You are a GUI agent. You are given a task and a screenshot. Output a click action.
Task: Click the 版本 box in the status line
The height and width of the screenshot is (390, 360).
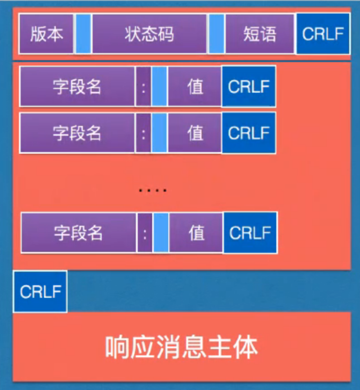tap(46, 34)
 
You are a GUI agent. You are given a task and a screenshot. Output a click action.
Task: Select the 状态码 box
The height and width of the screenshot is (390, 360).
tap(149, 34)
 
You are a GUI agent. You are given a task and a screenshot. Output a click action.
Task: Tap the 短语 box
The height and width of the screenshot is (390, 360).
tap(260, 34)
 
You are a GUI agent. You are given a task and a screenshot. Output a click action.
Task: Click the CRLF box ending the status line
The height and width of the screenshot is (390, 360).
tap(323, 34)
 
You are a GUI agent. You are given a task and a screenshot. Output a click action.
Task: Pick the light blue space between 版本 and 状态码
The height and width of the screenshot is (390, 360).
tap(83, 34)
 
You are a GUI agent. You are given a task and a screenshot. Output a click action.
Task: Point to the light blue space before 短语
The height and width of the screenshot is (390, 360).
tap(216, 34)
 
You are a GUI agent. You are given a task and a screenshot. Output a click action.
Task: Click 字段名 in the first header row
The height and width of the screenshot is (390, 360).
tap(77, 86)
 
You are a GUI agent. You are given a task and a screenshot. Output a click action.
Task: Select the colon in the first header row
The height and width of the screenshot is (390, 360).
tap(144, 86)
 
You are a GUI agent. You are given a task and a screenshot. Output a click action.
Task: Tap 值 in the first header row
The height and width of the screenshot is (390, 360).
tap(195, 86)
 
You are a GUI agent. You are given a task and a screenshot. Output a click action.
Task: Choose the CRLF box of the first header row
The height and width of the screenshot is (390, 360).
tap(248, 86)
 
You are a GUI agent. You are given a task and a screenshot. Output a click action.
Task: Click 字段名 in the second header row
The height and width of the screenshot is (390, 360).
tap(77, 133)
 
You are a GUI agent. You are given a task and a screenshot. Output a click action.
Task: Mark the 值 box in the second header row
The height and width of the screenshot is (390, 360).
tap(195, 133)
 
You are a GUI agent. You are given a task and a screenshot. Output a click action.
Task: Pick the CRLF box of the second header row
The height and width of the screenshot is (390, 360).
tap(248, 133)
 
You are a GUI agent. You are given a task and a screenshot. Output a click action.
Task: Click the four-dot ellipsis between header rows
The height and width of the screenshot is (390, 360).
tap(153, 191)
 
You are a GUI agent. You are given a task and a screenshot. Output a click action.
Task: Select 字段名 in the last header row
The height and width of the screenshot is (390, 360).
tap(78, 233)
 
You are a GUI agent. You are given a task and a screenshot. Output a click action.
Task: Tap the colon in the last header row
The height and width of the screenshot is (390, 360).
tap(145, 233)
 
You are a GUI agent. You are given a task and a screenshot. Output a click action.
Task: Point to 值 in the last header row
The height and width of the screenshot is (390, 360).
tap(196, 233)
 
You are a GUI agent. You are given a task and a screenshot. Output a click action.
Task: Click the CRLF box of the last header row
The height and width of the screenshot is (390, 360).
tap(250, 233)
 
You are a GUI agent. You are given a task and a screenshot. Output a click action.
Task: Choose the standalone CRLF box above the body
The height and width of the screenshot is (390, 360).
tap(40, 291)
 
